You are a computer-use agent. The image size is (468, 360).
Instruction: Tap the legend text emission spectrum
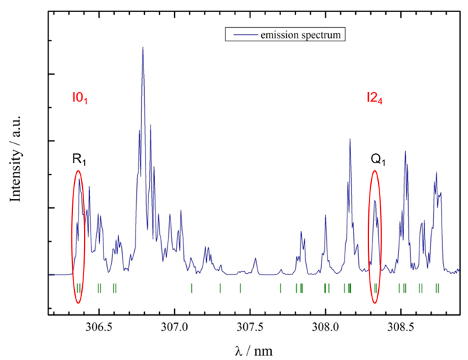coord(306,34)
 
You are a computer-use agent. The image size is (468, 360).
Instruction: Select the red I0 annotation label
coord(79,96)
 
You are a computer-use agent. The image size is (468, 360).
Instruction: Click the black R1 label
coord(78,159)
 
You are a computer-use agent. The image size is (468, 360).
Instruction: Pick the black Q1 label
coord(378,159)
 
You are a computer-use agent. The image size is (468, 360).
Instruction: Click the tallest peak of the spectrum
coord(143,48)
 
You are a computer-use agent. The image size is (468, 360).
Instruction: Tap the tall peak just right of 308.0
coord(350,140)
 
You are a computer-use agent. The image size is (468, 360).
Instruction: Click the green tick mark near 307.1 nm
coord(192,288)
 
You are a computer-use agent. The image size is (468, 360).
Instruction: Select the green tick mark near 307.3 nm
coord(220,288)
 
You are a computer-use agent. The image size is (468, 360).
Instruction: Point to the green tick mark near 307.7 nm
coord(281,288)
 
